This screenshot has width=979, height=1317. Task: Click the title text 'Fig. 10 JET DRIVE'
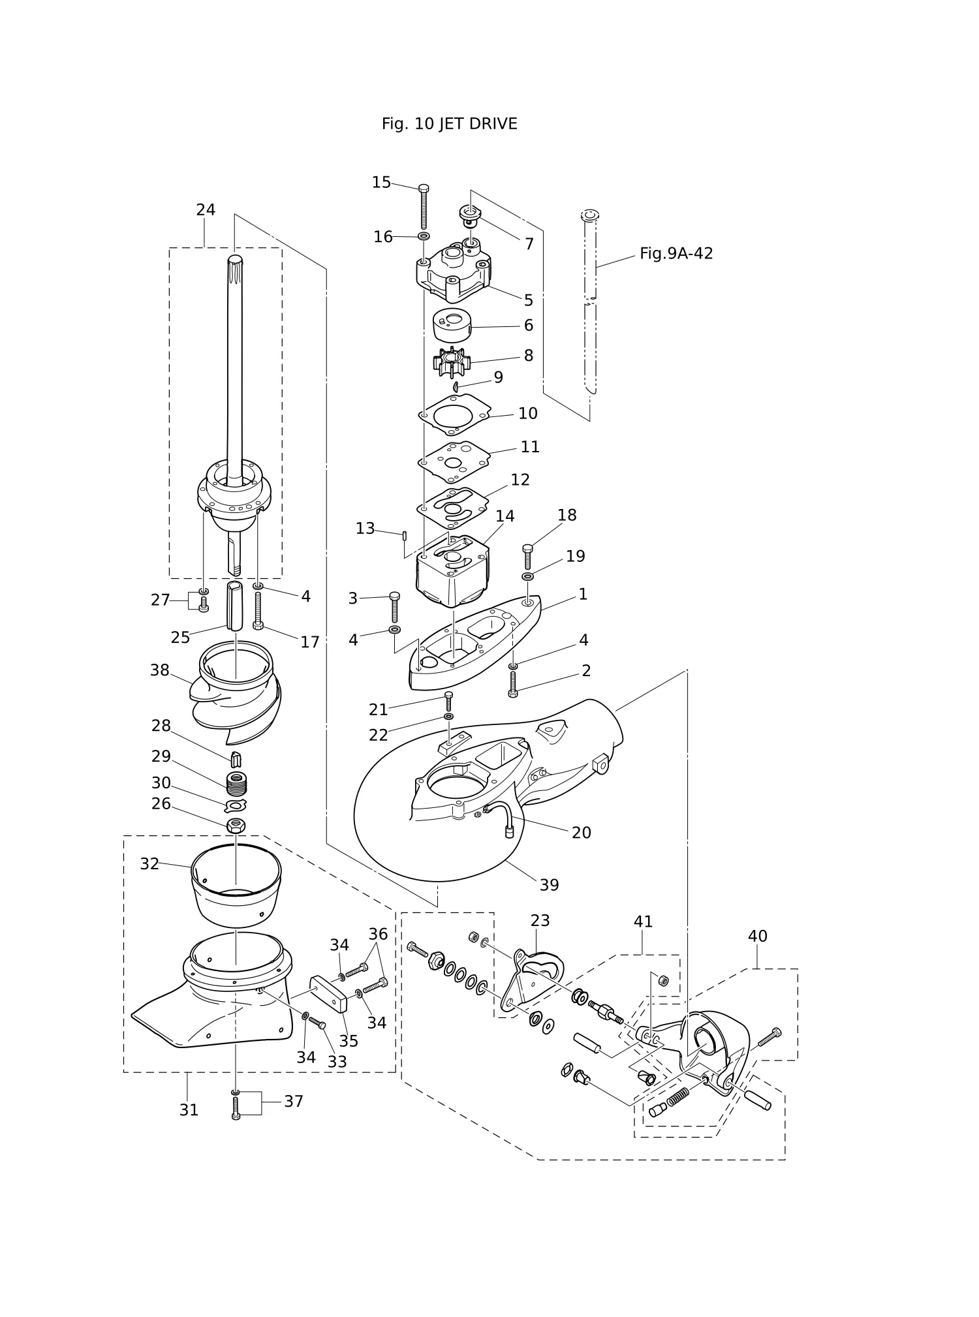click(449, 124)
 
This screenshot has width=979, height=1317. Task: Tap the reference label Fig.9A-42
click(676, 253)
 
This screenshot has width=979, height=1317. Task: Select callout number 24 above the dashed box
click(206, 209)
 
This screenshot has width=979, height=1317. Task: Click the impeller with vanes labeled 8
click(451, 362)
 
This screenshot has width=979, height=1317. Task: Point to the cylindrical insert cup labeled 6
click(452, 325)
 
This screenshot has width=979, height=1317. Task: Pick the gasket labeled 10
click(454, 414)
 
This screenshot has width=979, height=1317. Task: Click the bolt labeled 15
click(424, 207)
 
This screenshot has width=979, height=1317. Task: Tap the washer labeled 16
click(424, 236)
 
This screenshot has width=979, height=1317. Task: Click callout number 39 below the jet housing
click(549, 885)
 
